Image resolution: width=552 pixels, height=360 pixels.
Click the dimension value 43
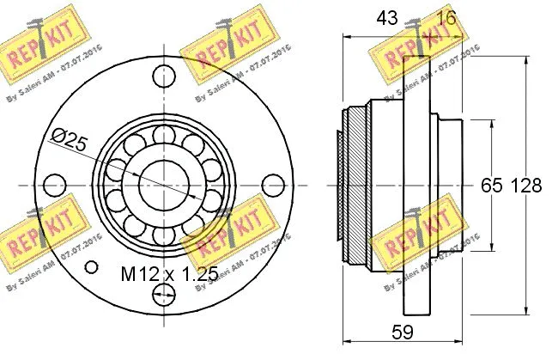pyautogui.click(x=386, y=17)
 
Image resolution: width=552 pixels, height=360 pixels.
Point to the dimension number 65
pyautogui.click(x=490, y=184)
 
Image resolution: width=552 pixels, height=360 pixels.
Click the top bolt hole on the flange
pyautogui.click(x=162, y=76)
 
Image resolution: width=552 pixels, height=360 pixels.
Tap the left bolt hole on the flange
pyautogui.click(x=53, y=184)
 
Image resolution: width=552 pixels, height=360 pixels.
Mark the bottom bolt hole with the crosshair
pyautogui.click(x=162, y=295)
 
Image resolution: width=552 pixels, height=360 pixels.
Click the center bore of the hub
pyautogui.click(x=162, y=184)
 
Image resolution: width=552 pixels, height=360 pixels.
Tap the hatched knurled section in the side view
pyautogui.click(x=349, y=184)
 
